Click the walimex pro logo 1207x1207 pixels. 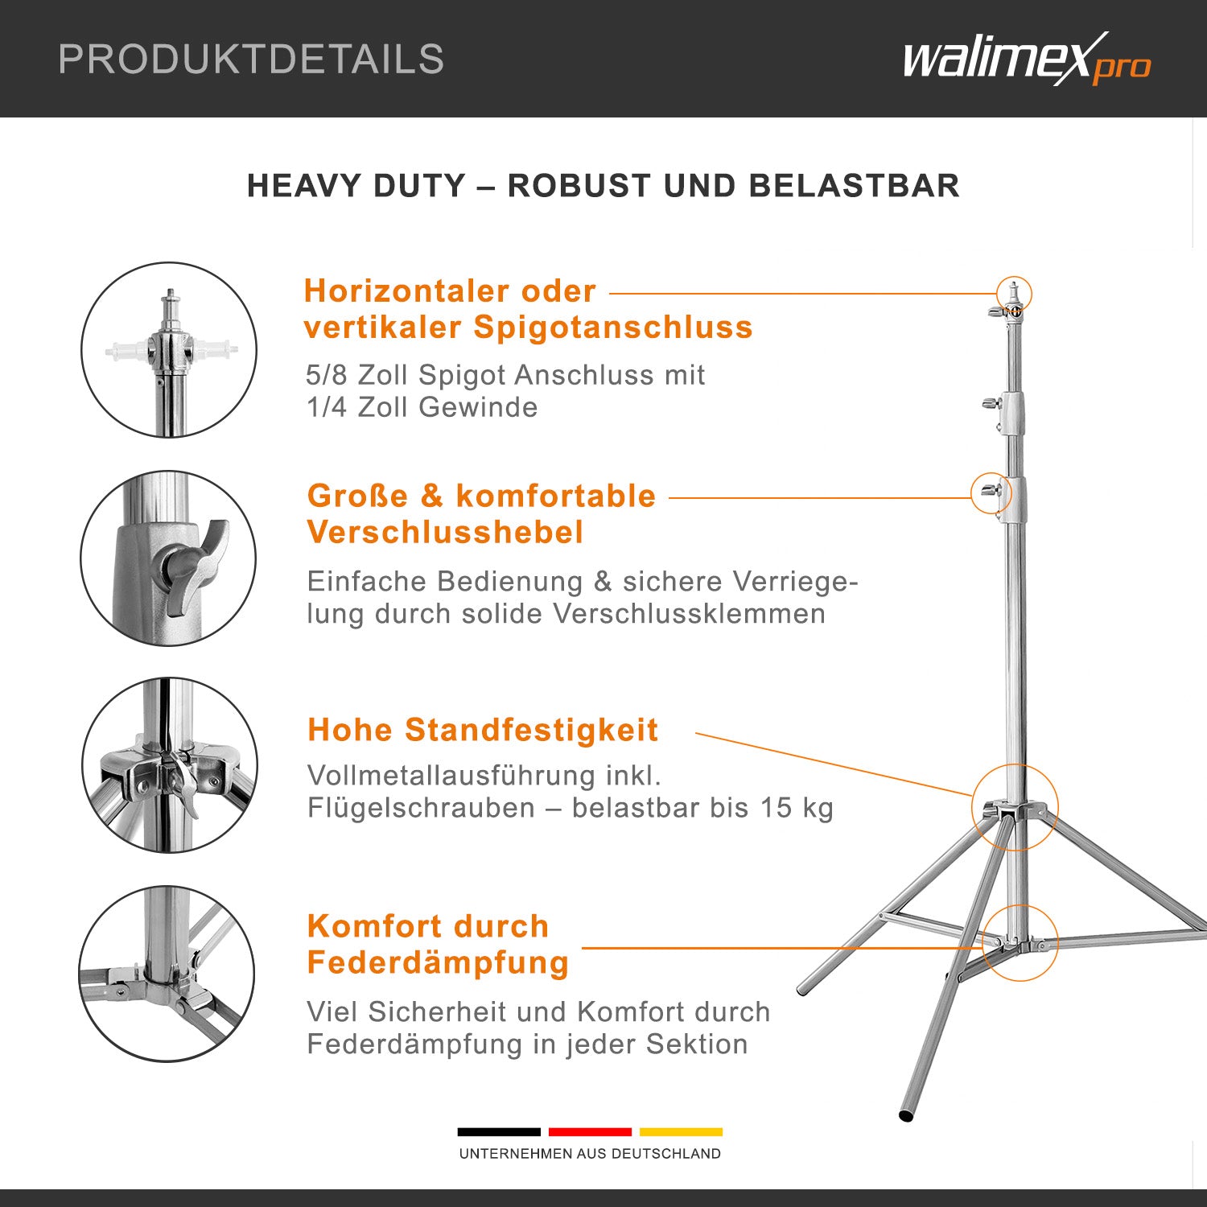tap(1026, 60)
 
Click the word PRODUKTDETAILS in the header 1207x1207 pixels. tap(251, 60)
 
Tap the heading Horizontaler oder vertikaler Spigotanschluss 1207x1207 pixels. tap(528, 309)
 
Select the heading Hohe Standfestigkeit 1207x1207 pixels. tap(483, 730)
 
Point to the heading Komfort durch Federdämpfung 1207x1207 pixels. tap(438, 944)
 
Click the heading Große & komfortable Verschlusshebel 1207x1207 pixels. tap(481, 513)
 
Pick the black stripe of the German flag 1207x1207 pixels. tap(499, 1132)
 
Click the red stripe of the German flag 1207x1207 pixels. tap(590, 1132)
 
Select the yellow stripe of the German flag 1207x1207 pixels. tap(681, 1132)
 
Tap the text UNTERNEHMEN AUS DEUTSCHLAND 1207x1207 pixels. tap(590, 1154)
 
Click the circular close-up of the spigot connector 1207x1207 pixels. tap(169, 350)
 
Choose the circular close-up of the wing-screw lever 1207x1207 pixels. tap(169, 558)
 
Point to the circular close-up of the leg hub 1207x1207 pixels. tap(169, 765)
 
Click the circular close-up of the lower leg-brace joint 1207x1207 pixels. tap(167, 974)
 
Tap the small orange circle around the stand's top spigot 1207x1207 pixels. tap(1014, 294)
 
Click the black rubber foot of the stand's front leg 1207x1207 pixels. tap(907, 1116)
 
